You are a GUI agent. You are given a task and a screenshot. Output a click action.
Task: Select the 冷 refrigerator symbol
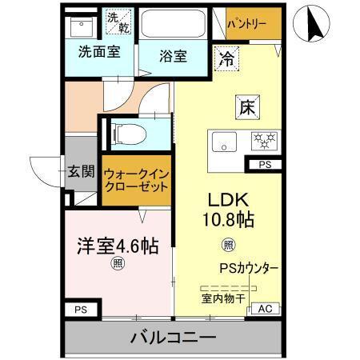tap(227, 58)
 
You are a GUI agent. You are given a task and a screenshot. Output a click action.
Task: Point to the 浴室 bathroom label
tap(172, 57)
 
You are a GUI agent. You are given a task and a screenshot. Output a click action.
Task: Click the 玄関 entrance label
tap(81, 171)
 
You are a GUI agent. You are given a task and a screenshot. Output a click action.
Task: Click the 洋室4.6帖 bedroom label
tap(116, 246)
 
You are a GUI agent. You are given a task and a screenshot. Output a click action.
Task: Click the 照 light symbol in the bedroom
tap(118, 263)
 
